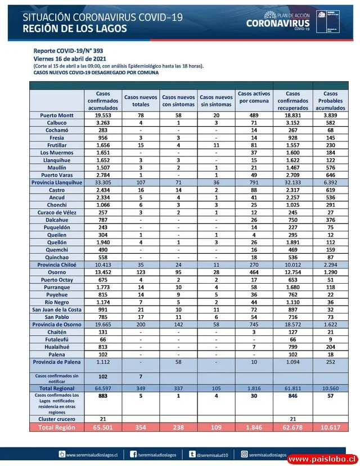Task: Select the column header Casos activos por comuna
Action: coord(254,97)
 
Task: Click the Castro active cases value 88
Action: coord(254,190)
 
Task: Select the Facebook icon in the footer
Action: coord(133,454)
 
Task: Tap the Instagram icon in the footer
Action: coord(245,454)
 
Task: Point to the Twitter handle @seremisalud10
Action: coord(213,454)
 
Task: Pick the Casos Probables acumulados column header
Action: coord(331,101)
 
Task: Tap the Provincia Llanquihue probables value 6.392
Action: coord(331,182)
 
